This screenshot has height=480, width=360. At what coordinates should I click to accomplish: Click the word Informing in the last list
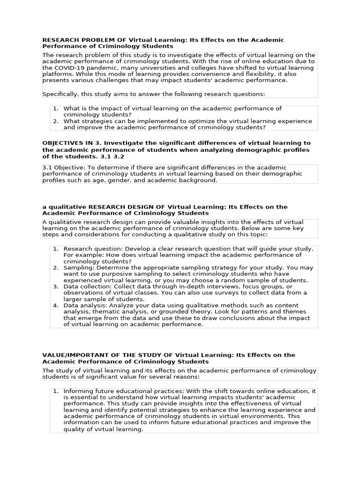(78, 391)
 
